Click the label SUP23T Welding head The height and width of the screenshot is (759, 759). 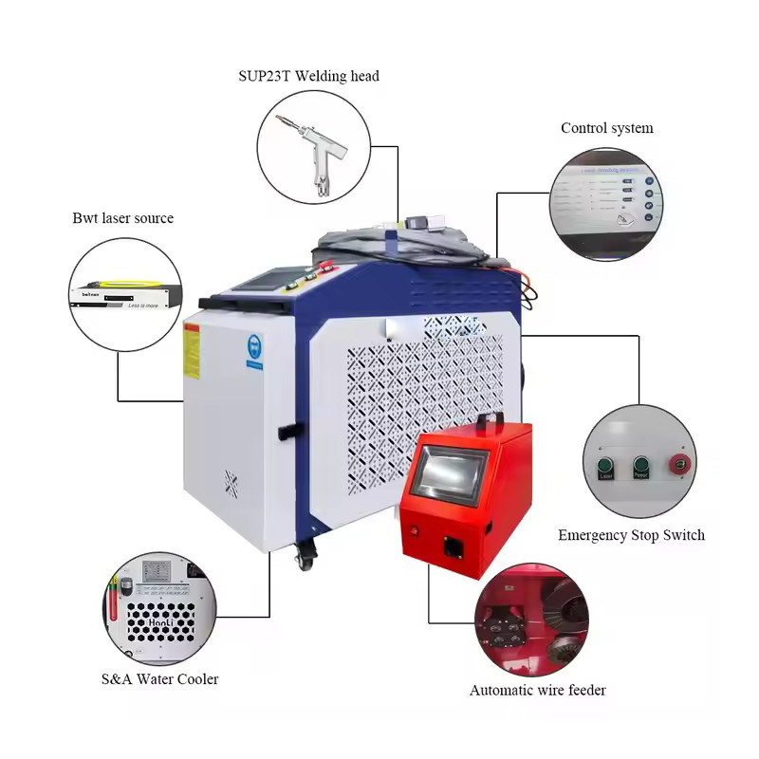pyautogui.click(x=308, y=76)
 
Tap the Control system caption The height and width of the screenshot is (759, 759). pyautogui.click(x=606, y=128)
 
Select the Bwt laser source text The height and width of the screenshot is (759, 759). pyautogui.click(x=123, y=218)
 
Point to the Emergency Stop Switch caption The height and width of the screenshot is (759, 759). pyautogui.click(x=631, y=535)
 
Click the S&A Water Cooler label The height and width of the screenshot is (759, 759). pyautogui.click(x=159, y=678)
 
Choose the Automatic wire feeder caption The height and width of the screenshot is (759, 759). pyautogui.click(x=537, y=690)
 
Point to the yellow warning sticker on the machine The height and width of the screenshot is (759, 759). pyautogui.click(x=192, y=351)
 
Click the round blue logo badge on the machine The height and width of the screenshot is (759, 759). pyautogui.click(x=255, y=349)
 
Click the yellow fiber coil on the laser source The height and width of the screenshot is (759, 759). pyautogui.click(x=120, y=283)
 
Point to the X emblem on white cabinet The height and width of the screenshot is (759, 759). pyautogui.click(x=230, y=484)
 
